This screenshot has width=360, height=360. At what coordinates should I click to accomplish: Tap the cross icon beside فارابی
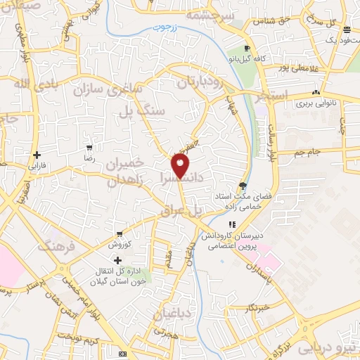tap(36, 155)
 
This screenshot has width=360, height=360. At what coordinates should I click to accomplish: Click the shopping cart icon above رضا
tap(89, 148)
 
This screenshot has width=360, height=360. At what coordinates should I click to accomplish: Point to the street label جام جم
tap(307, 152)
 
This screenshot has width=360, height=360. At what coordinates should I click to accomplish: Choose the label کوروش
tap(120, 245)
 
